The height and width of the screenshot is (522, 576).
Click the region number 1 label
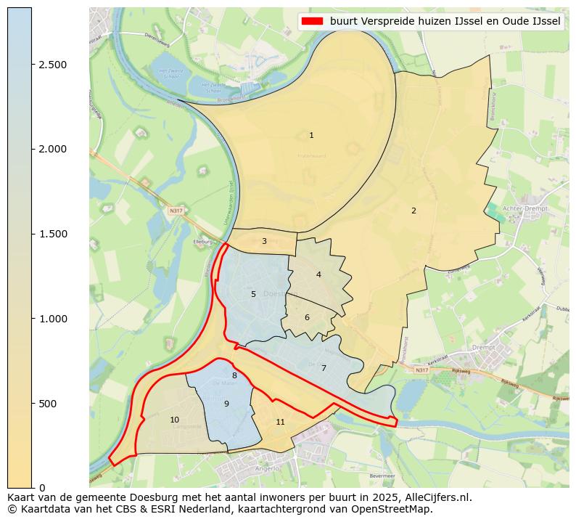pyautogui.click(x=311, y=135)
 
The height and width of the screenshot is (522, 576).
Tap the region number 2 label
pyautogui.click(x=414, y=211)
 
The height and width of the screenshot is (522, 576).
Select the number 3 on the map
pyautogui.click(x=264, y=241)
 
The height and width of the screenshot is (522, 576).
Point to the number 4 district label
pyautogui.click(x=318, y=274)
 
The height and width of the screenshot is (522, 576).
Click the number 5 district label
pyautogui.click(x=253, y=294)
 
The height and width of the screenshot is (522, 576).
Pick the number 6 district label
pyautogui.click(x=307, y=317)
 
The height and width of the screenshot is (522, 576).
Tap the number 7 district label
pyautogui.click(x=324, y=368)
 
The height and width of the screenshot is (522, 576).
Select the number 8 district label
pyautogui.click(x=234, y=375)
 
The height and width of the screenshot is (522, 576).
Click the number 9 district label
pyautogui.click(x=226, y=404)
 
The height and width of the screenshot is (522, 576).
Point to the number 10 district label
pyautogui.click(x=174, y=420)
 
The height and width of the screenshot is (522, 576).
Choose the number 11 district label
pyautogui.click(x=280, y=422)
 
